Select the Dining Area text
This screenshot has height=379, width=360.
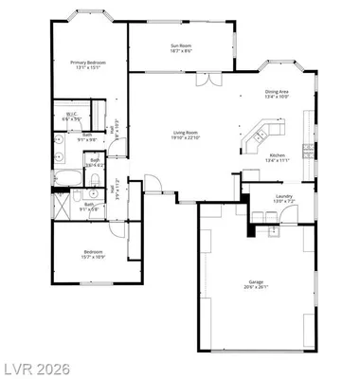[x=282, y=92]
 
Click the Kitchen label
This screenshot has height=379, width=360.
[x=277, y=155]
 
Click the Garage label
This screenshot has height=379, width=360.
[x=257, y=282]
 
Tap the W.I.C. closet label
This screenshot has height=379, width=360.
[x=70, y=117]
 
